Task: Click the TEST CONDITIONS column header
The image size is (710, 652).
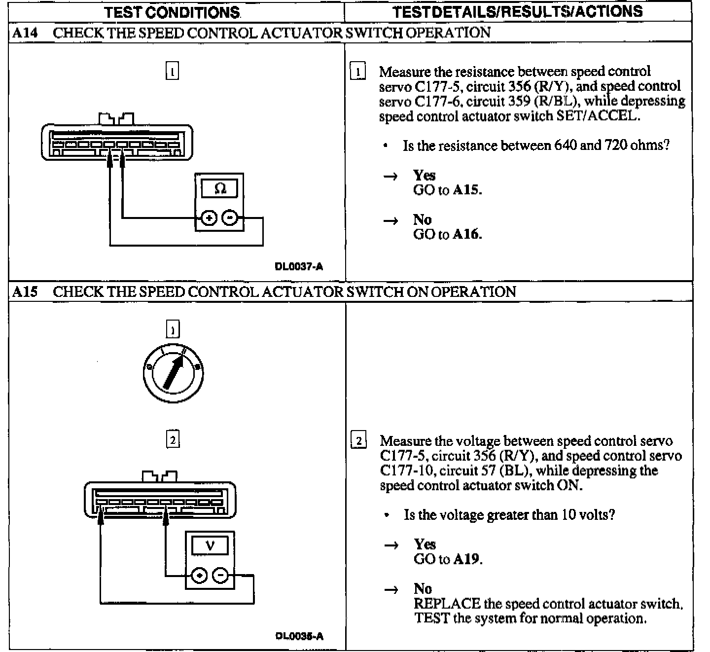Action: click(x=172, y=12)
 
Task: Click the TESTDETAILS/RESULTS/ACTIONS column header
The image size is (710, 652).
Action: click(x=518, y=11)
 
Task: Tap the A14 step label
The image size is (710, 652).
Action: click(x=25, y=33)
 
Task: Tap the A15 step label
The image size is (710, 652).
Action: click(x=25, y=291)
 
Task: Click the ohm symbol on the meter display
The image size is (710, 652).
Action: click(x=220, y=188)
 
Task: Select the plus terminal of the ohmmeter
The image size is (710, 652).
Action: click(x=209, y=217)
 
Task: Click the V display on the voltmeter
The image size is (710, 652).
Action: click(x=210, y=546)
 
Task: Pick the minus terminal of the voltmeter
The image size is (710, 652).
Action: click(x=220, y=575)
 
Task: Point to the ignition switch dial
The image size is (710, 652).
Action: click(x=173, y=372)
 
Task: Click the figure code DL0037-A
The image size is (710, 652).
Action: click(x=299, y=267)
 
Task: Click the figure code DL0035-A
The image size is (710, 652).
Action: click(x=299, y=636)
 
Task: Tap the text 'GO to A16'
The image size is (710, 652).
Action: click(x=447, y=234)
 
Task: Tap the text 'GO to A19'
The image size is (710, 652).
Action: click(x=448, y=559)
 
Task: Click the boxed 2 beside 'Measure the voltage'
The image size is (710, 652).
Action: click(x=358, y=440)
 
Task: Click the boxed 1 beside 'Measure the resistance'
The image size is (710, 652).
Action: click(x=357, y=72)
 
